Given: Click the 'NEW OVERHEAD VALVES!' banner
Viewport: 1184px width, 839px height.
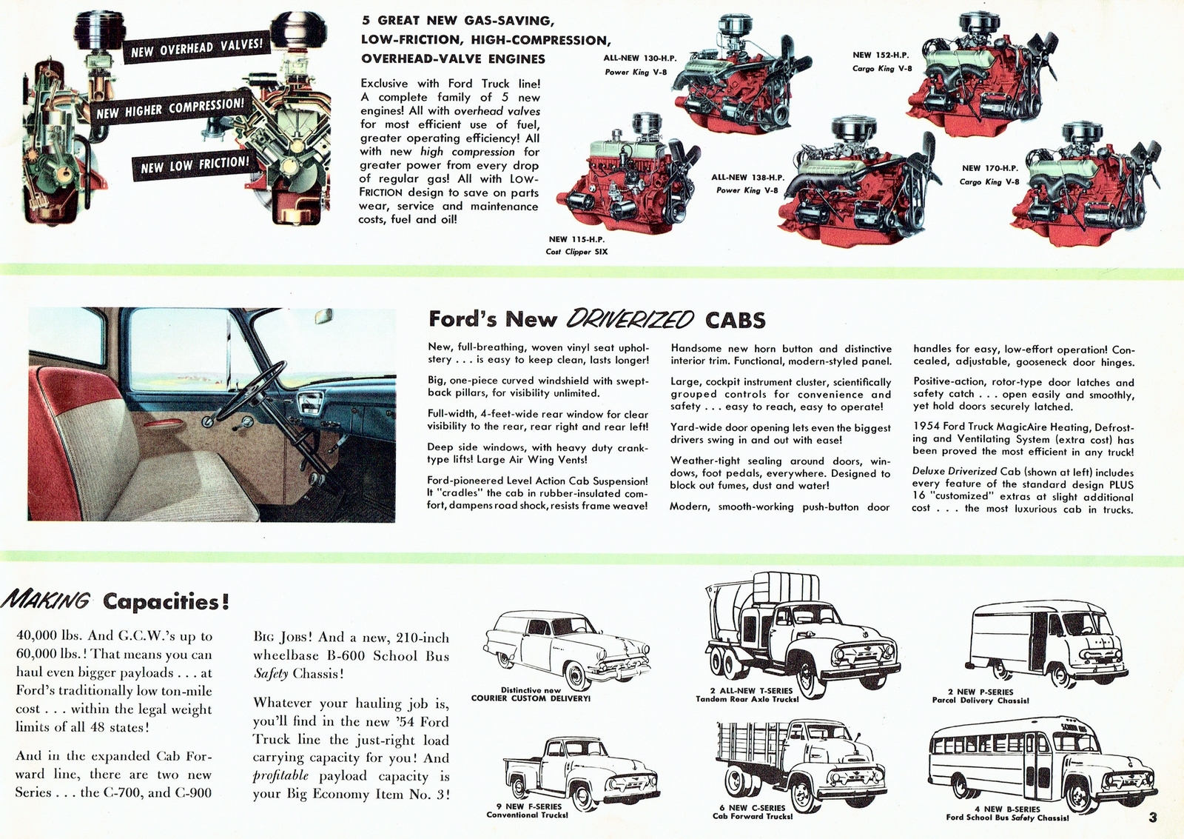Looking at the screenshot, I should [196, 48].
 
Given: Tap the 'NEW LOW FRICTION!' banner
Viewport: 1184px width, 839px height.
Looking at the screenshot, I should [195, 165].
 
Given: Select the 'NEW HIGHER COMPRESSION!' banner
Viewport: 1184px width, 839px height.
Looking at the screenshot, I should [170, 109].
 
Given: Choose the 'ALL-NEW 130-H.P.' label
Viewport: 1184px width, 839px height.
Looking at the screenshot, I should [640, 58].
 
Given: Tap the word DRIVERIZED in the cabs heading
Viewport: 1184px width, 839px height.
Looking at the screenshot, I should [630, 319].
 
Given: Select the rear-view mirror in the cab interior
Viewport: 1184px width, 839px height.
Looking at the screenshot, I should [323, 317].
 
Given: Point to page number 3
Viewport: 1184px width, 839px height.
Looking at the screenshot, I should [1153, 818].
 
